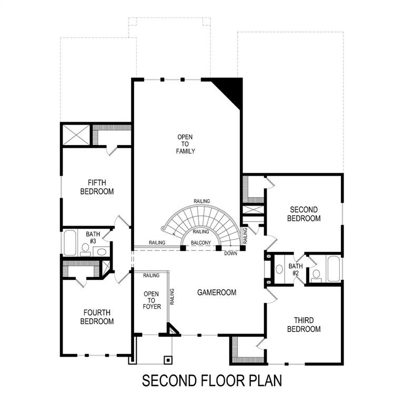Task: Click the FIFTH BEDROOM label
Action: point(97,187)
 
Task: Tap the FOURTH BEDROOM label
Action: point(97,317)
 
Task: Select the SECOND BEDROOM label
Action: point(305,214)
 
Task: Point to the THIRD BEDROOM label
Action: point(305,325)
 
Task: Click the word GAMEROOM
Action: point(217,292)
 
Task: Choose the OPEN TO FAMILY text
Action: point(185,144)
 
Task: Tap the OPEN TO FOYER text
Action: point(152,300)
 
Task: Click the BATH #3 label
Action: point(93,237)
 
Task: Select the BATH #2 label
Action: point(294,270)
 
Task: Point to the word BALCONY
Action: point(201,243)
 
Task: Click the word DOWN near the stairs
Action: point(230,254)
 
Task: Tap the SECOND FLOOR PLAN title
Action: point(212,380)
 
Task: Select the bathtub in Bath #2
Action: point(335,269)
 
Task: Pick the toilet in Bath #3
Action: point(85,247)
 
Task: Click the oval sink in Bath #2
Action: point(279,269)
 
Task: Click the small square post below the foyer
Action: point(168,360)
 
